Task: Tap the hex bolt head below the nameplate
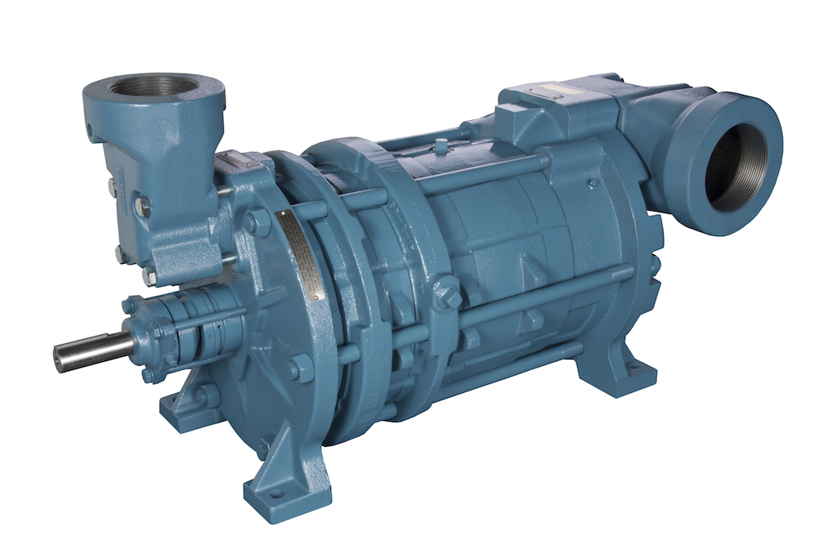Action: click(299, 368)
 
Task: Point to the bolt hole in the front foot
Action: click(275, 493)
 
